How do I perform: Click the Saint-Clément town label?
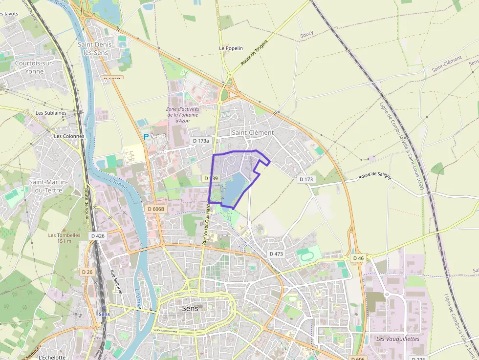(253, 132)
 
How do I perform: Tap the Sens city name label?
(190, 308)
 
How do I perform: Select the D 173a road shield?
(201, 141)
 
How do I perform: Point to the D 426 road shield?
(98, 235)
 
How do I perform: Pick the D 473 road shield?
(276, 254)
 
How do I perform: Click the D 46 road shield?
(358, 258)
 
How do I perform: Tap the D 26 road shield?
(87, 272)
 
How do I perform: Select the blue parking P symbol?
(146, 137)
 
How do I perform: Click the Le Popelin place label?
(231, 48)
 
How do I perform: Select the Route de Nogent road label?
(255, 57)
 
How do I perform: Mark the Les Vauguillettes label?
(398, 339)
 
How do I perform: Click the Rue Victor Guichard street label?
(207, 224)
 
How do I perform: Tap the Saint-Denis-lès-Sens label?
(96, 48)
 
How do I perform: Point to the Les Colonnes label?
(69, 136)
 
